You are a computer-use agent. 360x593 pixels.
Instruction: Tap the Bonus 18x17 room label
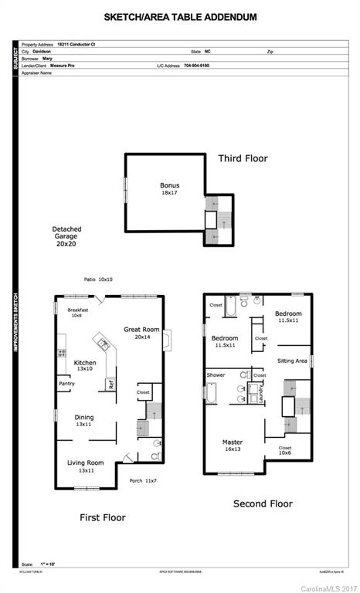tap(169, 189)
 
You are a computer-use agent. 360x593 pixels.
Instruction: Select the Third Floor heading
tap(243, 158)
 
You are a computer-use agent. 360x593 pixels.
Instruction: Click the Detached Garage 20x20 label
tap(66, 236)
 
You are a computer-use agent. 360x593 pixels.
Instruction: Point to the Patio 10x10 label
tap(98, 280)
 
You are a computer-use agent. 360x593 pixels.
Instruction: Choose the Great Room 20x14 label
tap(141, 333)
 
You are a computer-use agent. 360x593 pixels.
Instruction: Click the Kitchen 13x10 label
tap(85, 366)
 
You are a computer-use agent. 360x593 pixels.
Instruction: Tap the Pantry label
tap(66, 384)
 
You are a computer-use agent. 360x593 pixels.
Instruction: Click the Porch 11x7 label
tap(143, 481)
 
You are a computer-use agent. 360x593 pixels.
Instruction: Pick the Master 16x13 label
tap(233, 447)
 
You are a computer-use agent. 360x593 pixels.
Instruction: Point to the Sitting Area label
tap(293, 361)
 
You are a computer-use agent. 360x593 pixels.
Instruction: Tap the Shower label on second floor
tap(216, 375)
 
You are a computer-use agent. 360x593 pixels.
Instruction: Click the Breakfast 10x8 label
tap(78, 313)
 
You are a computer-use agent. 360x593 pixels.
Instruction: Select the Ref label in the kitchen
tap(111, 384)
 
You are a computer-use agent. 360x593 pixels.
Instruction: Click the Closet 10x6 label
tap(285, 450)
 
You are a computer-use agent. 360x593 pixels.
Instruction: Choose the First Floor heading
tap(103, 517)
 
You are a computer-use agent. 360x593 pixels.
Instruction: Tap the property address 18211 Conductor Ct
tap(76, 45)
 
